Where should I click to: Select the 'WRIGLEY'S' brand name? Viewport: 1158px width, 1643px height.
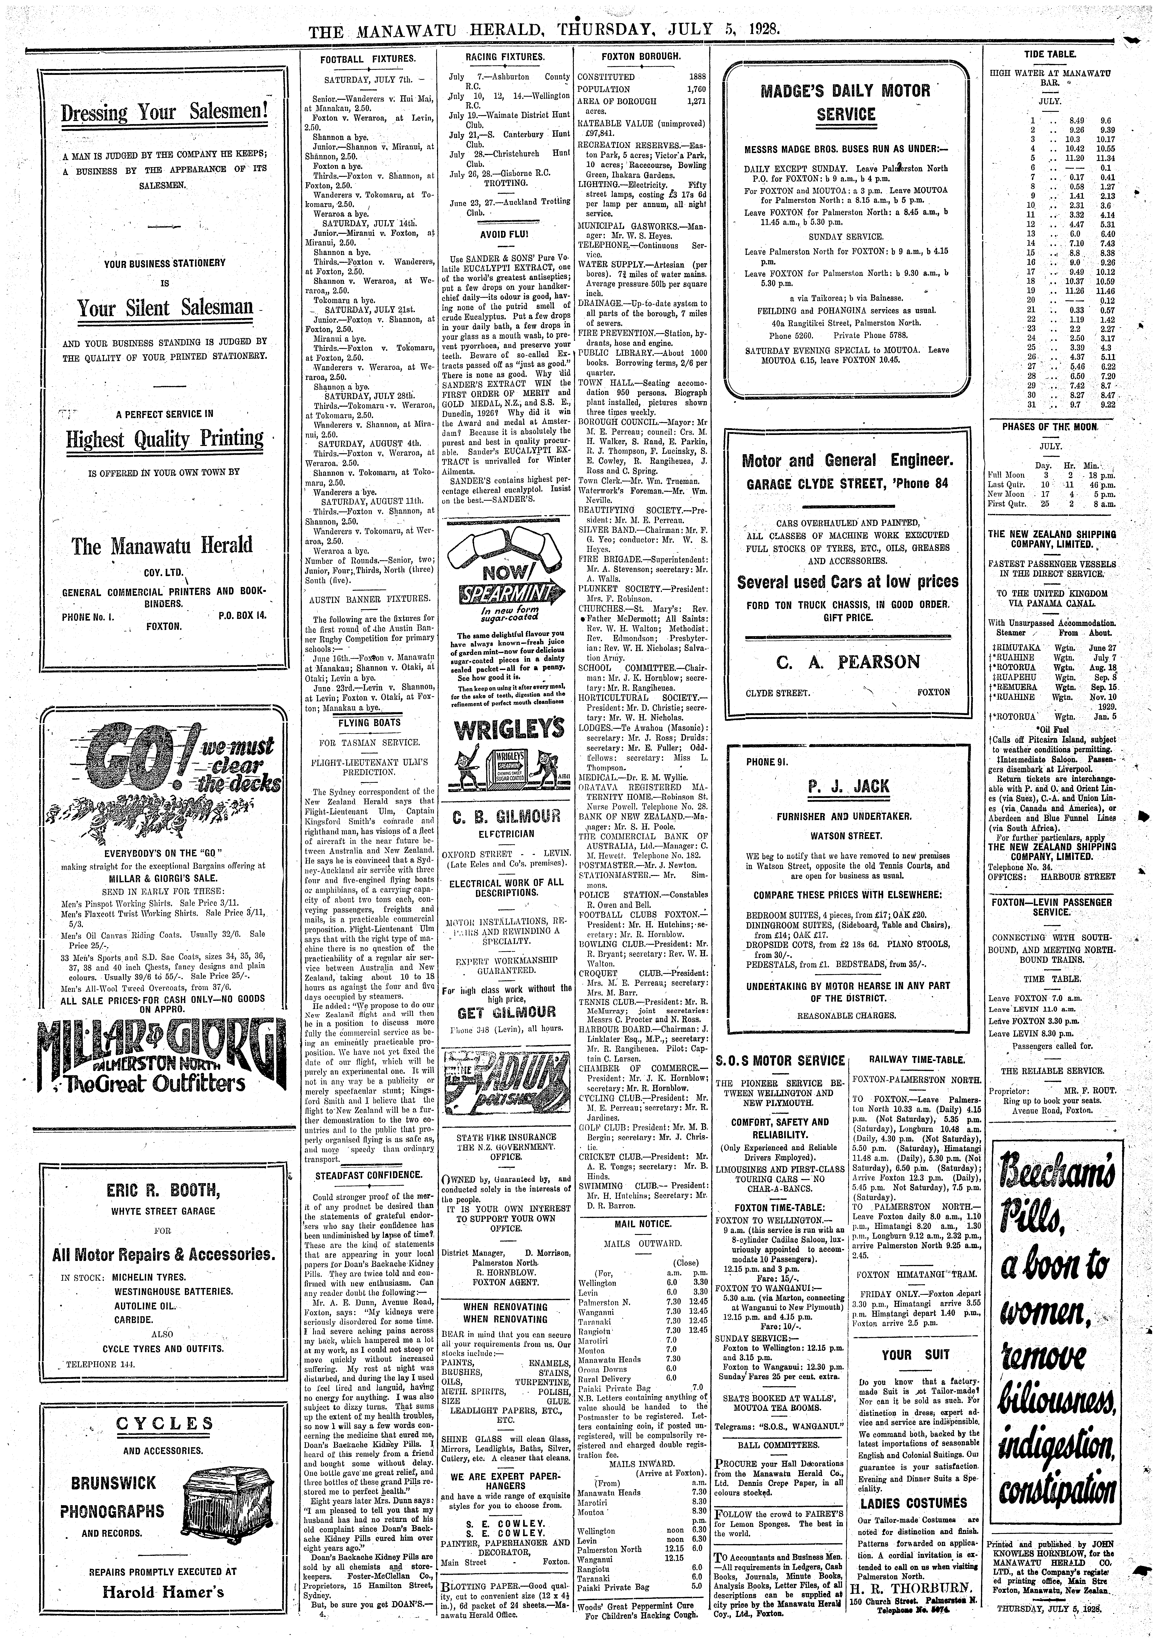coord(508,729)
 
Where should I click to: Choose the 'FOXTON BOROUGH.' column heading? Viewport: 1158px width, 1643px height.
coord(641,56)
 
